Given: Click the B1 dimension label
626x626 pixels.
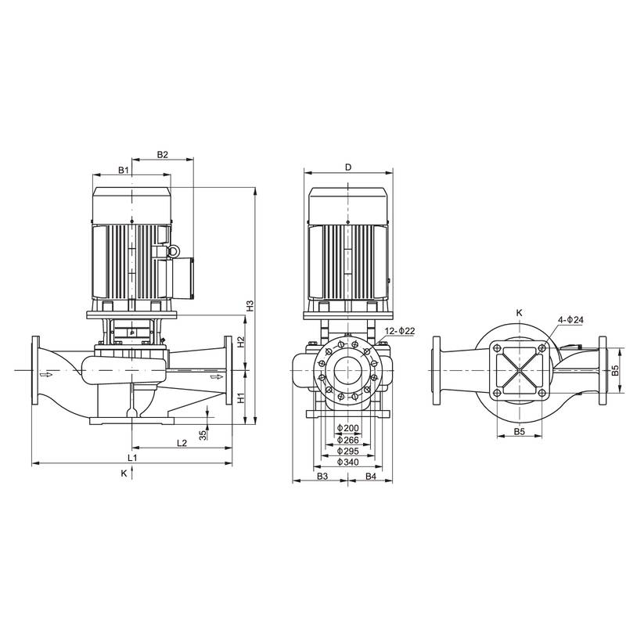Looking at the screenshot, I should [124, 170].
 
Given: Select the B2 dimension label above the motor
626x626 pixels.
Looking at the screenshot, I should [163, 154].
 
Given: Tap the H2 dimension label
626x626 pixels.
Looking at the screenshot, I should [241, 342].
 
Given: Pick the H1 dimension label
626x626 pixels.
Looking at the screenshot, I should [241, 398].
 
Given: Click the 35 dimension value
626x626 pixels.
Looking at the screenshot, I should [203, 434].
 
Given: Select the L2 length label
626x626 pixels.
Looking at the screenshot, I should [182, 443].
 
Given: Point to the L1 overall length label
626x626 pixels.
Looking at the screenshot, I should [133, 456].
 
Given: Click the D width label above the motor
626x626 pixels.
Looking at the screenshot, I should [347, 167].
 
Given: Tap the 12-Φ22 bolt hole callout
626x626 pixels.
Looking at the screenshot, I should [400, 332].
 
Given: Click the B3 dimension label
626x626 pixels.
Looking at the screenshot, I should [321, 476].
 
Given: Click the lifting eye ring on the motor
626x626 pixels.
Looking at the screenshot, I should [174, 251].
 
